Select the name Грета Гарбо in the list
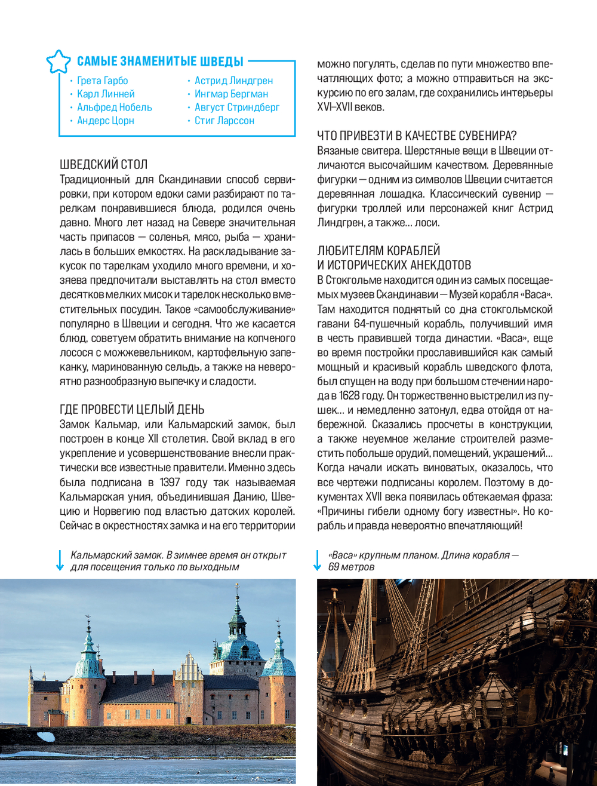point(102,81)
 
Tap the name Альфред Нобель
point(114,108)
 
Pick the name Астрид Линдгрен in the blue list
point(233,81)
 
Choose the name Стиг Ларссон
point(224,121)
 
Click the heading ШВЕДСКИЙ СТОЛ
point(104,164)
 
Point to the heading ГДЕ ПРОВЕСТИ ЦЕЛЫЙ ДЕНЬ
point(132,409)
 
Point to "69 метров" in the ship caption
point(352,567)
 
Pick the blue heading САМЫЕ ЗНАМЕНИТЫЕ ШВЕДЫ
point(160,61)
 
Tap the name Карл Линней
point(106,94)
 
